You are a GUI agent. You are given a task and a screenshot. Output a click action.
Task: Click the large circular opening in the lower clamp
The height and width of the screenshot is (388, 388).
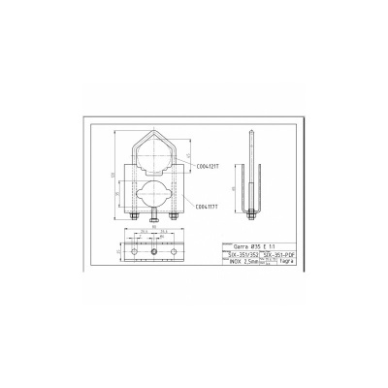pyautogui.click(x=156, y=184)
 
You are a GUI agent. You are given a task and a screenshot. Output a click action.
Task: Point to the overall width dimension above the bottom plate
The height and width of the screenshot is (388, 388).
pyautogui.click(x=156, y=237)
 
